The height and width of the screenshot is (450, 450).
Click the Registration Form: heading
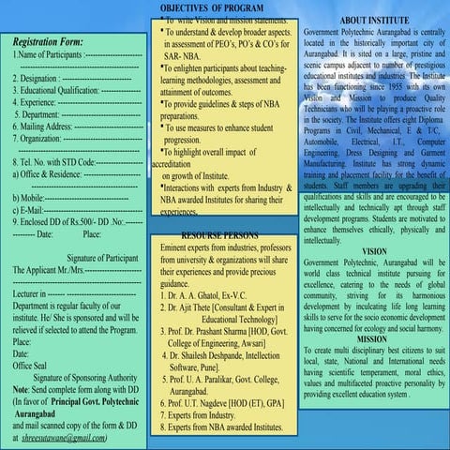click(50, 41)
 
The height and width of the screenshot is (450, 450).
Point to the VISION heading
click(373, 251)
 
